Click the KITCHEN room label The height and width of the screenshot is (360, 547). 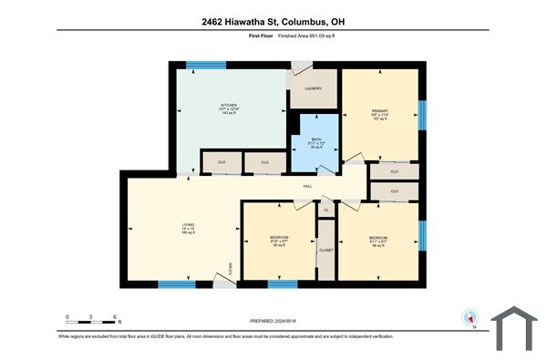coord(229,105)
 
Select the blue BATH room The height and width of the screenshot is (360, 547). coord(315,144)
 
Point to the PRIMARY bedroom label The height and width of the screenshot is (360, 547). coord(380,111)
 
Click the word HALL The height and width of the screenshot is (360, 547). coord(309,187)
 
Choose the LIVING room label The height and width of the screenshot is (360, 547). coord(187,223)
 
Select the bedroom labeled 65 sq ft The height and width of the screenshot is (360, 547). coord(281,240)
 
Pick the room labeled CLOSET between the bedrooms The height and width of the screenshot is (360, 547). coord(325,250)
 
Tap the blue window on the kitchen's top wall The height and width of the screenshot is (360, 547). coord(206,65)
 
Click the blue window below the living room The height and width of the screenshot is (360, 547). coord(178,284)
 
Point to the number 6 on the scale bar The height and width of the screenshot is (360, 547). coord(116,317)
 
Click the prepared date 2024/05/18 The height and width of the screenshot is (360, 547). coord(273,321)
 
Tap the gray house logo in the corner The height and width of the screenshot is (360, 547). coord(515,329)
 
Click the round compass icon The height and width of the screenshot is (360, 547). coord(470,319)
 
